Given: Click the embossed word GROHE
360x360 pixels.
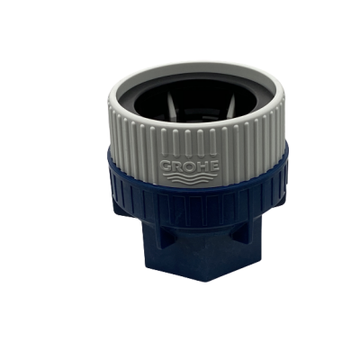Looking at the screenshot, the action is click(x=190, y=166).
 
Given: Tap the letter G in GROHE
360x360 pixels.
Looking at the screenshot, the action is click(x=166, y=166).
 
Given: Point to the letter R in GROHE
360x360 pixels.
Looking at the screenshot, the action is click(x=177, y=166).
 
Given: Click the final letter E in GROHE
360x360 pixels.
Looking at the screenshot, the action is click(x=214, y=166).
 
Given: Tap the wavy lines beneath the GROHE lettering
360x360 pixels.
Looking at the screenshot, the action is click(x=190, y=178).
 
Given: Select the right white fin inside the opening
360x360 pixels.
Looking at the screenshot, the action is click(x=230, y=104).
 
